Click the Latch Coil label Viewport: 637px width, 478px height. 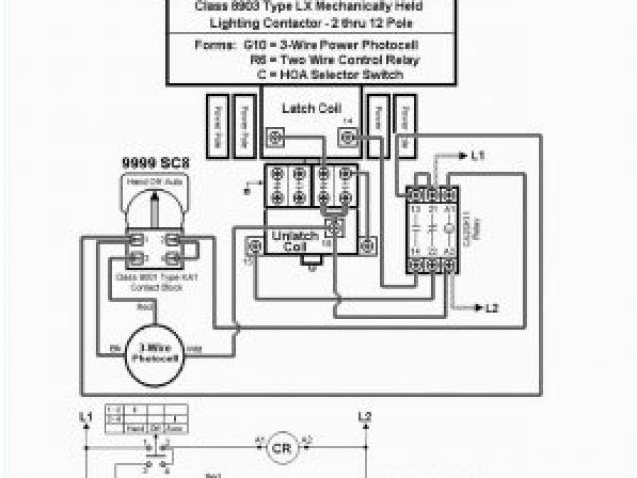pos(311,108)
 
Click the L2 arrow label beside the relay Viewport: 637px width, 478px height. pos(490,310)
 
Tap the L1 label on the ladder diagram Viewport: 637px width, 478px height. pos(85,415)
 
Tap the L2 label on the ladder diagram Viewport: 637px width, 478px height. pos(364,415)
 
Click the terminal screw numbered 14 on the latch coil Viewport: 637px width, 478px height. pos(347,136)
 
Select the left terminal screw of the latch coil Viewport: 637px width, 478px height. pos(275,136)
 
